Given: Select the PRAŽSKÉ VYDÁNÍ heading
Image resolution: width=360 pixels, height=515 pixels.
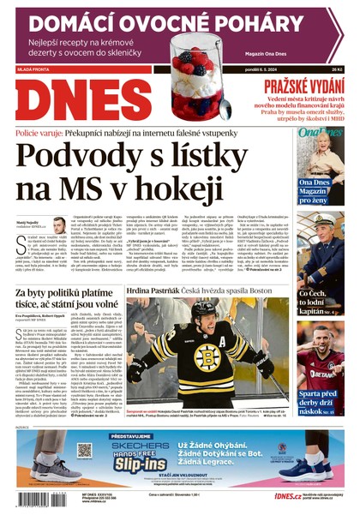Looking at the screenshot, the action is point(303,87).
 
